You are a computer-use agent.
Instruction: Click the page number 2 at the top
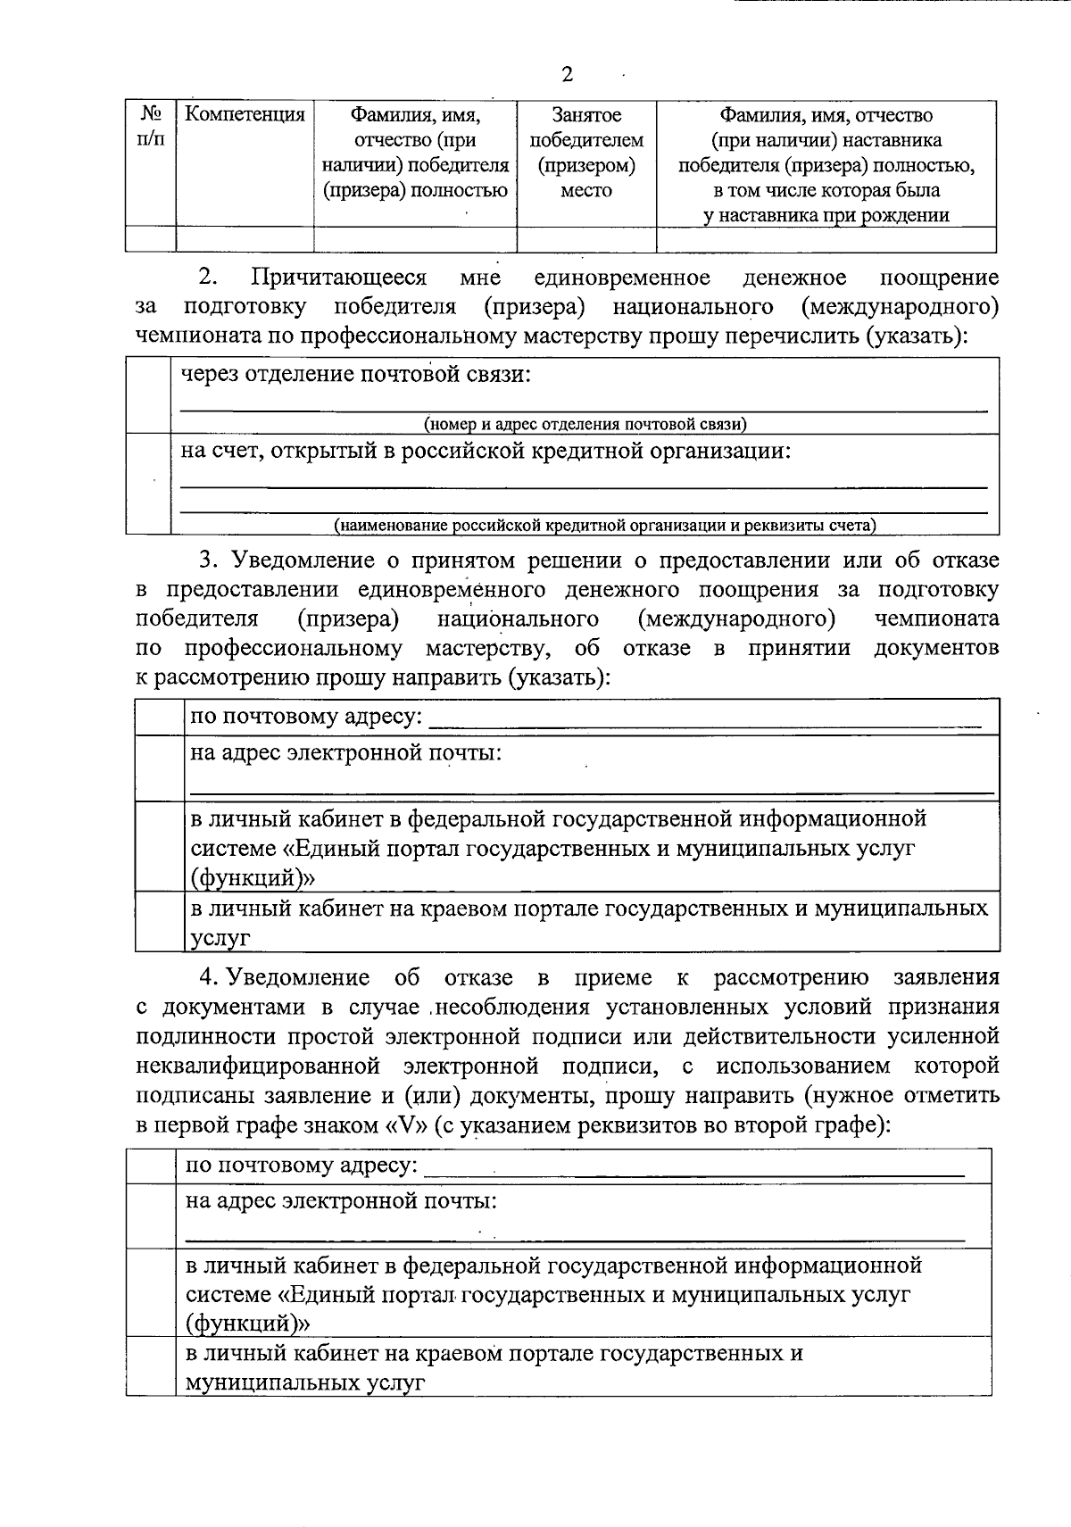pos(567,75)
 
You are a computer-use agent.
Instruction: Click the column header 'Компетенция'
pos(245,115)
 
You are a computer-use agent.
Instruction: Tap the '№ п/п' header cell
pos(151,128)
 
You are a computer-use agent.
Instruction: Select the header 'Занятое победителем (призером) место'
pos(586,153)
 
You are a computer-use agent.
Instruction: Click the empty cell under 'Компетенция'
pos(245,239)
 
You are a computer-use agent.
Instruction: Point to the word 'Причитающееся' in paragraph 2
pos(339,278)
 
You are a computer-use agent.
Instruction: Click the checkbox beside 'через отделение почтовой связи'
pos(148,395)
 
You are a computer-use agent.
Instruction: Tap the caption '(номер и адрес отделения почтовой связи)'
pos(585,425)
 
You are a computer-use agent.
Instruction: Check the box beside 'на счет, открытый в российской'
pos(148,484)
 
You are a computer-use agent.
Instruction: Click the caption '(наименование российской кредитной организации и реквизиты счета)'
pos(604,526)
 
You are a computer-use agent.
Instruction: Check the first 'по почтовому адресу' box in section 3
pos(160,717)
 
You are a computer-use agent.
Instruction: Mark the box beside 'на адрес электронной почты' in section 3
pos(160,768)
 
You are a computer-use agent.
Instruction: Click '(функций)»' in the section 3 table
pos(253,878)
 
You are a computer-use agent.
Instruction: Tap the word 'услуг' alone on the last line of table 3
pos(220,938)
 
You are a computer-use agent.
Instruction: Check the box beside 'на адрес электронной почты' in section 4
pos(151,1216)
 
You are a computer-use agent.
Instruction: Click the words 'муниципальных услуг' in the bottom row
pos(304,1382)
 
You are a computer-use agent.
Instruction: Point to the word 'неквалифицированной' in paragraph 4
pos(259,1066)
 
